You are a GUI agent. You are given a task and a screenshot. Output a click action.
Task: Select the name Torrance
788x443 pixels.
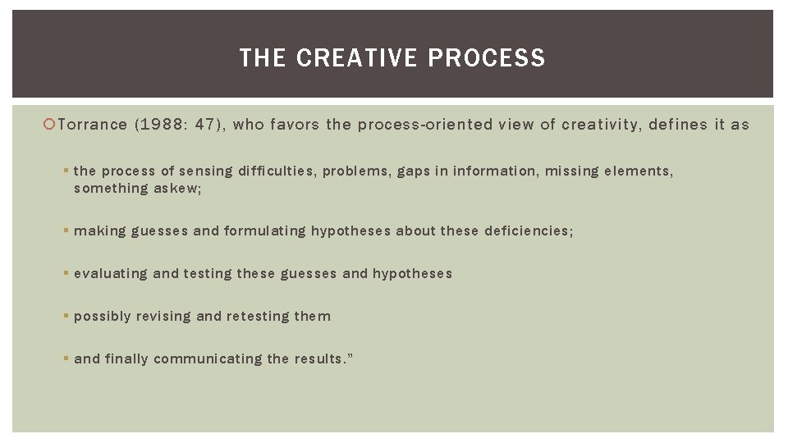tap(93, 125)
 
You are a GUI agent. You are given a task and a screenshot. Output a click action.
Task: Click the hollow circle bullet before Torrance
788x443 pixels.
tap(50, 125)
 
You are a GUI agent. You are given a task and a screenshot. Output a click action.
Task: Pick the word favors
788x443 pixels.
tap(295, 125)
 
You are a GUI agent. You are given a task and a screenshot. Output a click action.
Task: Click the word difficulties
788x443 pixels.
tap(276, 171)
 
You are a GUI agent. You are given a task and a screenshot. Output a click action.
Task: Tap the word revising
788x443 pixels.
tap(165, 317)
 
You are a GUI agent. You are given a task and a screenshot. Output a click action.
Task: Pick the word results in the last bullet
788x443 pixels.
tap(318, 359)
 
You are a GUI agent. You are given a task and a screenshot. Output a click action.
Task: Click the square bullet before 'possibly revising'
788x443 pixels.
tap(66, 317)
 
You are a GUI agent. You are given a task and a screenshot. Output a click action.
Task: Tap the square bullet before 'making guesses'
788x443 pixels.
tap(66, 231)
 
